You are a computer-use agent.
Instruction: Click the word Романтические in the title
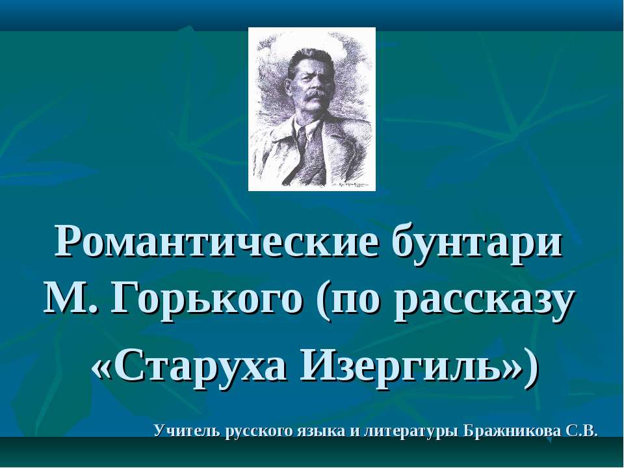tap(216, 242)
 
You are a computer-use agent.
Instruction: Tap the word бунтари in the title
tap(476, 242)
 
